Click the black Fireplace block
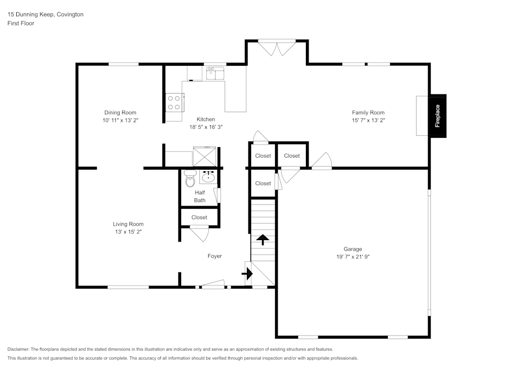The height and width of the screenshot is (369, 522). pyautogui.click(x=437, y=116)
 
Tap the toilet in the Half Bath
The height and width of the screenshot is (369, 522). pyautogui.click(x=190, y=178)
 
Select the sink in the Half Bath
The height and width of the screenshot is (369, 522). pyautogui.click(x=208, y=176)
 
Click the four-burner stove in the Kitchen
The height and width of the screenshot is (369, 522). pyautogui.click(x=174, y=103)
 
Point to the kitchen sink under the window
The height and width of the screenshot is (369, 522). pyautogui.click(x=215, y=73)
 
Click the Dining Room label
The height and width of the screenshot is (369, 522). pyautogui.click(x=120, y=112)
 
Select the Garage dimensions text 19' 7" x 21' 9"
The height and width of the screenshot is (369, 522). pyautogui.click(x=353, y=257)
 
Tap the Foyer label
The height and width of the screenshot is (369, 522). pyautogui.click(x=215, y=256)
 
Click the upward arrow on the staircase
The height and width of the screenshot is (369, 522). pyautogui.click(x=263, y=240)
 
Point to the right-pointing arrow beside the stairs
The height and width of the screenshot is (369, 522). pyautogui.click(x=247, y=274)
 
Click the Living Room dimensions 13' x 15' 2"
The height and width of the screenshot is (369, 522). pyautogui.click(x=128, y=232)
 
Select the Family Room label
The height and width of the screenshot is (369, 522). pyautogui.click(x=368, y=112)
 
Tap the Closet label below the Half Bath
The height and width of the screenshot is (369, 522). pyautogui.click(x=199, y=217)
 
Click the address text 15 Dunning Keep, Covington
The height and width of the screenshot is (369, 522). pyautogui.click(x=45, y=14)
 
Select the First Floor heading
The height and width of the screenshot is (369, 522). pyautogui.click(x=21, y=23)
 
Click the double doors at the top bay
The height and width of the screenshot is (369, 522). pyautogui.click(x=277, y=47)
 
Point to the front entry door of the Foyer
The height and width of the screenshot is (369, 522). pyautogui.click(x=213, y=284)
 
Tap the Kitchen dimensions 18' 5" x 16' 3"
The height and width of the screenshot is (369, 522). pyautogui.click(x=206, y=127)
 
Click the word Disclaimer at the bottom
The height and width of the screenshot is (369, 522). pyautogui.click(x=18, y=349)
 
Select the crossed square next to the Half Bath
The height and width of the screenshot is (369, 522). pyautogui.click(x=205, y=157)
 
